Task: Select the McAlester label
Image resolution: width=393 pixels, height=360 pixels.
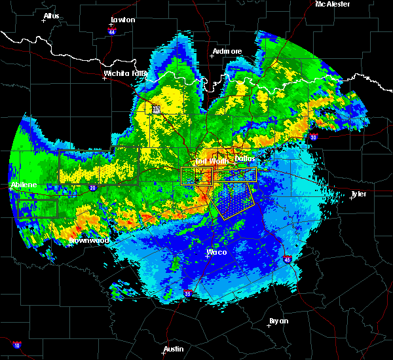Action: point(332,4)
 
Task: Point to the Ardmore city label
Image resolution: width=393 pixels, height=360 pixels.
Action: point(227,51)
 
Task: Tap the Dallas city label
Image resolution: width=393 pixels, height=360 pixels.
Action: point(244,158)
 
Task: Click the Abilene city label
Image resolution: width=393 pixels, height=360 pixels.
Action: point(23,185)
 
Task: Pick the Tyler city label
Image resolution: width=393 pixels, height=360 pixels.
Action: point(358,194)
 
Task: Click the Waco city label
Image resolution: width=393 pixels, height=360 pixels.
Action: point(216,251)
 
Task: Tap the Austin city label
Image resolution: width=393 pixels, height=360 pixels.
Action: point(174,349)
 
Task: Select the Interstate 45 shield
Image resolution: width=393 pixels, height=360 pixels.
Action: point(288,260)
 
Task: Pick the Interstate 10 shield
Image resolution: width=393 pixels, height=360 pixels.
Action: point(16,345)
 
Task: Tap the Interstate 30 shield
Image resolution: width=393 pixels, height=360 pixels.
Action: point(314,137)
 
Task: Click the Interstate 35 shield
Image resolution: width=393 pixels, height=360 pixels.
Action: point(188,293)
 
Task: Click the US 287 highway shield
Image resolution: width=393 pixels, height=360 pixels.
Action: point(156,110)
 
